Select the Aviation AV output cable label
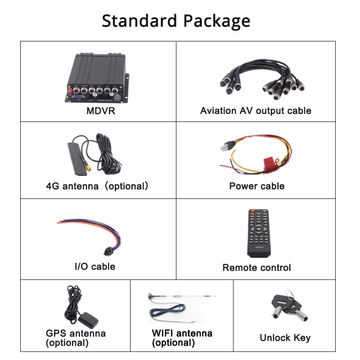coord(256,111)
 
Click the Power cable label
coord(256,186)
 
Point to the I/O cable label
coord(94,266)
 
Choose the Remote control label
coord(256,268)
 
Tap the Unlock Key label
coord(285,337)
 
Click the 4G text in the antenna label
coord(53,186)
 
